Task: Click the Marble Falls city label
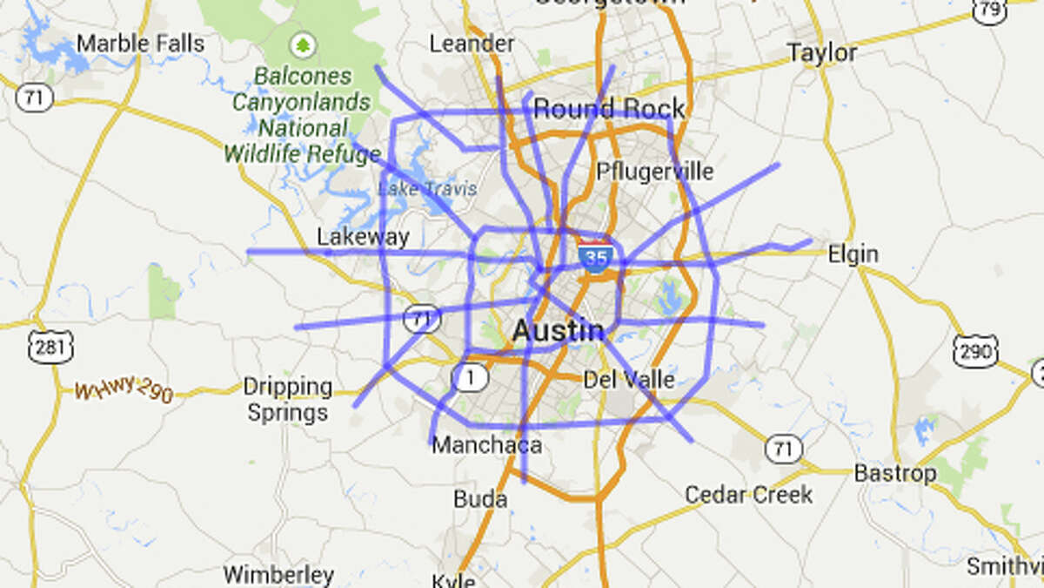[x=140, y=43]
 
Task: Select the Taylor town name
[x=821, y=52]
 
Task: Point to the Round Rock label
[x=609, y=109]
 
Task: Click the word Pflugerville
[x=654, y=170]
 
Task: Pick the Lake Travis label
[x=427, y=188]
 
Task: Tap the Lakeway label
[x=362, y=237]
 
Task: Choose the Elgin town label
[x=853, y=254]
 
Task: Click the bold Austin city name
[x=558, y=330]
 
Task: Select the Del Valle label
[x=628, y=380]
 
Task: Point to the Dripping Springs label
[x=287, y=399]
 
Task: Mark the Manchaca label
[x=486, y=445]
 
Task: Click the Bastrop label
[x=894, y=474]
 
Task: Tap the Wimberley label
[x=278, y=575]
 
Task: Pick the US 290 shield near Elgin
[x=974, y=348]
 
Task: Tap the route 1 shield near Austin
[x=469, y=377]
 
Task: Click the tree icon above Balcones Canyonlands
[x=303, y=44]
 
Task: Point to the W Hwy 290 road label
[x=124, y=390]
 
